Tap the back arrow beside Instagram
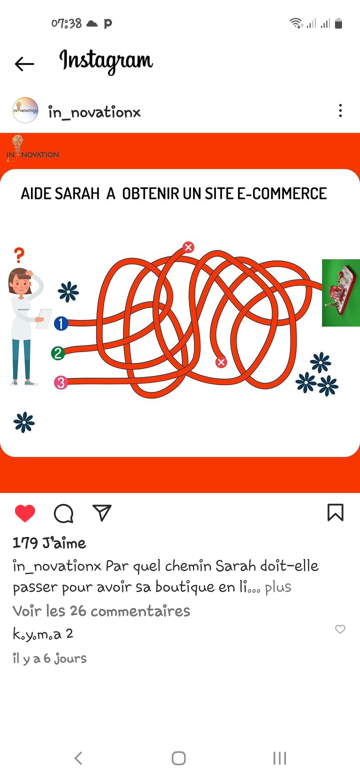click(x=24, y=63)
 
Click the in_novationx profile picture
click(x=25, y=110)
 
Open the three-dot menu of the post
click(x=340, y=110)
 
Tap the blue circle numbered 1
click(x=61, y=323)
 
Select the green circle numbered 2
click(x=58, y=353)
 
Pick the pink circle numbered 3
click(x=61, y=382)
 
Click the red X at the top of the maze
click(x=188, y=247)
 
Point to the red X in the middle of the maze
click(x=220, y=362)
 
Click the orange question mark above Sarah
click(x=19, y=255)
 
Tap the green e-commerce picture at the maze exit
click(x=341, y=293)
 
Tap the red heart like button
click(x=25, y=513)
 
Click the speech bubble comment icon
click(x=63, y=513)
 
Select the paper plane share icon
click(x=101, y=512)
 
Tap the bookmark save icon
click(x=335, y=512)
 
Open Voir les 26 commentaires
click(x=101, y=611)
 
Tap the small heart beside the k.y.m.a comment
click(x=340, y=629)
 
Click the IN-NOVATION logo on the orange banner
click(x=32, y=148)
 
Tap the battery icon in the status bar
click(x=338, y=23)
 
